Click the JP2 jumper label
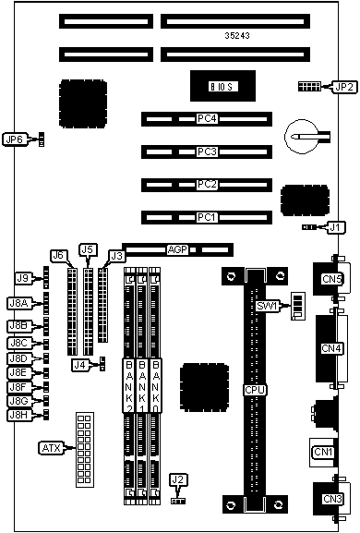tap(344, 87)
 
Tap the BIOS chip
tap(222, 86)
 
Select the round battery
tap(302, 137)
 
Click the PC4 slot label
tap(207, 118)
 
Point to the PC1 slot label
tap(207, 217)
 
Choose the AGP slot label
tap(177, 249)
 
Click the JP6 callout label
tap(14, 139)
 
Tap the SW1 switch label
tap(267, 306)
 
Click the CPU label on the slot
tap(255, 390)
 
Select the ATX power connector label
tap(51, 448)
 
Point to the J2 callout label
tap(177, 479)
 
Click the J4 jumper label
tap(79, 365)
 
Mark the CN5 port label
tap(331, 279)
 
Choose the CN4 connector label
tap(331, 348)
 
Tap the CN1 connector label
tap(323, 452)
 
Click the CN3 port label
tap(332, 499)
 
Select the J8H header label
tap(19, 415)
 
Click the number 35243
tap(237, 35)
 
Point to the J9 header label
tap(23, 278)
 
